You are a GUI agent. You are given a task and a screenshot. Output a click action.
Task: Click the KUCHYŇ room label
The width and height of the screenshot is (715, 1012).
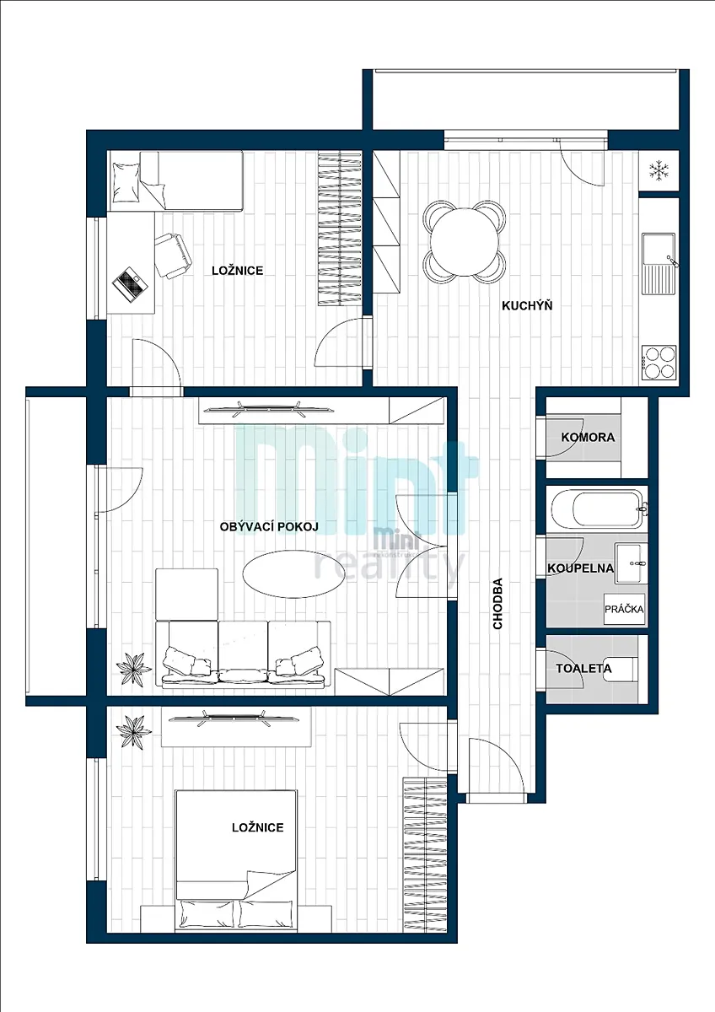[527, 306]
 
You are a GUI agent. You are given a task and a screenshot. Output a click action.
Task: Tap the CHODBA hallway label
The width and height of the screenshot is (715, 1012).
[497, 604]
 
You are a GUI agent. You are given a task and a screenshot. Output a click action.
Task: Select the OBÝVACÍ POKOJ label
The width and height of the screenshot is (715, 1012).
[269, 527]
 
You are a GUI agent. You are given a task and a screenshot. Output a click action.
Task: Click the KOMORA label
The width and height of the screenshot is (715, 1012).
[588, 438]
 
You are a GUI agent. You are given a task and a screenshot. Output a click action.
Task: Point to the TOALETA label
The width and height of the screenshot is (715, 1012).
[583, 668]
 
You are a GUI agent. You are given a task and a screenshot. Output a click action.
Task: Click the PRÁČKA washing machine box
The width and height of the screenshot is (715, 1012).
[624, 609]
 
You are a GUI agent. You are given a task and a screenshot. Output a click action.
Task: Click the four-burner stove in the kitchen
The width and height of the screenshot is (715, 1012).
[659, 362]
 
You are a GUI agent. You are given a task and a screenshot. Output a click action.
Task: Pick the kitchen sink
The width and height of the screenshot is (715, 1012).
[659, 264]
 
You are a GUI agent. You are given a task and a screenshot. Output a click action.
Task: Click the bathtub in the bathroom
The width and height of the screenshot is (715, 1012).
[596, 509]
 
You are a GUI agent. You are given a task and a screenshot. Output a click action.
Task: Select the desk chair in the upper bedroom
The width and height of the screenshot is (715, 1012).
[174, 256]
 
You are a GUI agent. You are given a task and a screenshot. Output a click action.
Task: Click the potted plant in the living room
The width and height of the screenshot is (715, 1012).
[134, 666]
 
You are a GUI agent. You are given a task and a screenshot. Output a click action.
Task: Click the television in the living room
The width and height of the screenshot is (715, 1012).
[269, 410]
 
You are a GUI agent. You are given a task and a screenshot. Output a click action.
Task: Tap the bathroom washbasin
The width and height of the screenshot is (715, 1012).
[631, 563]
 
